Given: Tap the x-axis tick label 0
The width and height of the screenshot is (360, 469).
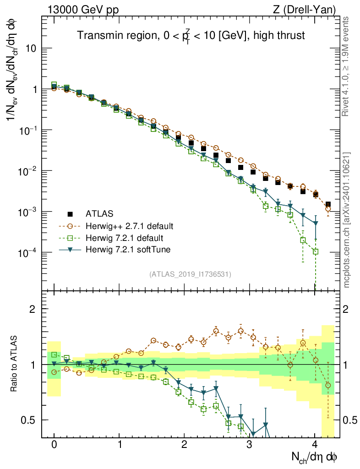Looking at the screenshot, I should pos(54,445).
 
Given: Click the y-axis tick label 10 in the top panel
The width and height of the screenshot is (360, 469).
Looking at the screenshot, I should pos(30,49).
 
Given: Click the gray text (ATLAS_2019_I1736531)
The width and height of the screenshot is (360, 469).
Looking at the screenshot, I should pos(190,274).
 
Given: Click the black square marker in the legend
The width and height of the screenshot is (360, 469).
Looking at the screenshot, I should pos(70,214).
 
